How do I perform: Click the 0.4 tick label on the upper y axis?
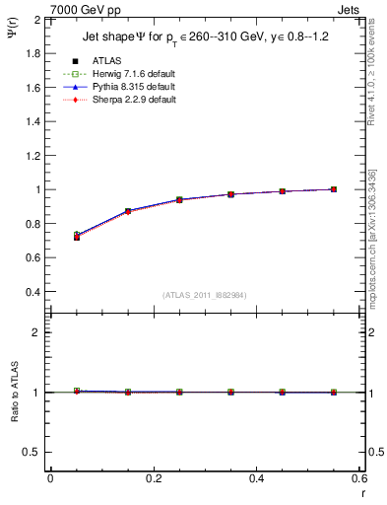pyautogui.click(x=32, y=292)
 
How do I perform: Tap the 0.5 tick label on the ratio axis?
pyautogui.click(x=32, y=452)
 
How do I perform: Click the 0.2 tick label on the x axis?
pyautogui.click(x=153, y=478)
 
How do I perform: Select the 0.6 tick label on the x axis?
pyautogui.click(x=359, y=478)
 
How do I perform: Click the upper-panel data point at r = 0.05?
pyautogui.click(x=76, y=237)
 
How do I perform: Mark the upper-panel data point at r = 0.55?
pyautogui.click(x=334, y=189)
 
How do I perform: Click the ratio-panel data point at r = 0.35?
pyautogui.click(x=230, y=393)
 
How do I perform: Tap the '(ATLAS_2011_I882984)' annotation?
pyautogui.click(x=205, y=295)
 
